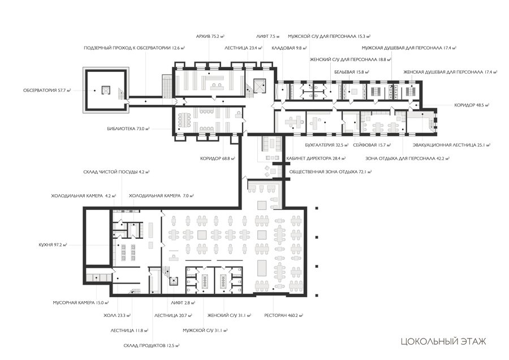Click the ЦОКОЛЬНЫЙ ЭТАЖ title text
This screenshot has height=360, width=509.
click(443, 341)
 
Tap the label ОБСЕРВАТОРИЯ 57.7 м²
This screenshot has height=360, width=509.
click(47, 91)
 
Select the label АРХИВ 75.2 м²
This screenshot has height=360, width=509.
click(211, 36)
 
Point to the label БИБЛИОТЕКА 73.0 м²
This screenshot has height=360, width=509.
click(128, 128)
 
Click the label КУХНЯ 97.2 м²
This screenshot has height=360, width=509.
click(53, 245)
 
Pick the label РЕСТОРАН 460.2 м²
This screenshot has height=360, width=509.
click(284, 315)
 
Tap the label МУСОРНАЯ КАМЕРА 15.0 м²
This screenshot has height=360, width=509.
click(81, 303)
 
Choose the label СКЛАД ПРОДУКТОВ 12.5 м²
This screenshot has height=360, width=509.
click(152, 345)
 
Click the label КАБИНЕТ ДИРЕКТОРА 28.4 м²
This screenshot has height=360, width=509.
click(316, 158)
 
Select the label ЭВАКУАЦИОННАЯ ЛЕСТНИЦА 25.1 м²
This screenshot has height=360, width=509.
click(451, 145)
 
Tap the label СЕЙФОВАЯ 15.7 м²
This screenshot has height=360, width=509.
click(372, 145)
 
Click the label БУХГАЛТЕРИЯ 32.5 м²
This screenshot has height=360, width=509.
click(327, 145)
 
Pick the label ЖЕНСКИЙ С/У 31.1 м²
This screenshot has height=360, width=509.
click(229, 315)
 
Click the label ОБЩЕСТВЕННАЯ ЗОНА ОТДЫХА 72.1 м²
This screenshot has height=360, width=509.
click(330, 172)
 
